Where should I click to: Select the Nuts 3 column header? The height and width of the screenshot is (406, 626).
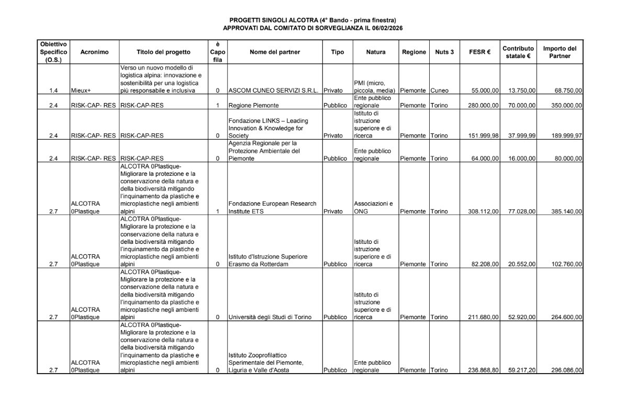[444, 52]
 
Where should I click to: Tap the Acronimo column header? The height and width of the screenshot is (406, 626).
[94, 52]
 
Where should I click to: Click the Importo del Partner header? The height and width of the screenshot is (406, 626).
[560, 52]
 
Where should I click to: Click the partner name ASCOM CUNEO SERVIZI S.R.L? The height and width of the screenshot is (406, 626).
[274, 91]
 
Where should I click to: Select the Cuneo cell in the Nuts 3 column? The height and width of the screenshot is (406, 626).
[440, 91]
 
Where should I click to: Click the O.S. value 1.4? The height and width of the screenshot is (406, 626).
[53, 91]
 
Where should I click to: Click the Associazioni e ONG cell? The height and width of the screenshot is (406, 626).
[373, 208]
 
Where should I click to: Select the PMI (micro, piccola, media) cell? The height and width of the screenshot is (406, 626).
[375, 87]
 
